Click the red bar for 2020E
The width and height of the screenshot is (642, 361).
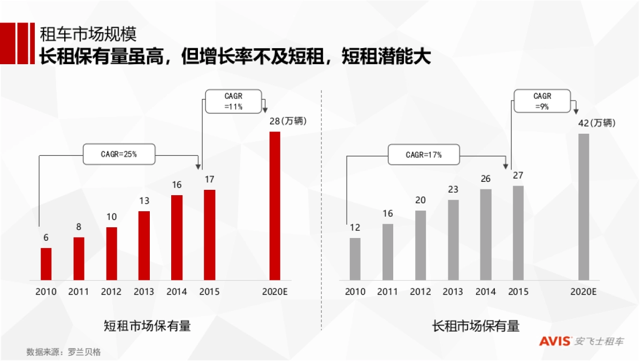pos(274,206)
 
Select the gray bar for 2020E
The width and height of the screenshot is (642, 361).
pos(583,207)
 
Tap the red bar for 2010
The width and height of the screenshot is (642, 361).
pos(47,264)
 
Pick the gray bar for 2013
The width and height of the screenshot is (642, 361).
pos(453,240)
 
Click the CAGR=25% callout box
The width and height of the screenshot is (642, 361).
pos(119,154)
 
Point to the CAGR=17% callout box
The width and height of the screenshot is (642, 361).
pos(424,155)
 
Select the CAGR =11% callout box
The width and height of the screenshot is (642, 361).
pos(234,102)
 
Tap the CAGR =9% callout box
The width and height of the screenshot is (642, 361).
pos(542,102)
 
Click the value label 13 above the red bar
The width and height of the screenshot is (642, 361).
pos(144,201)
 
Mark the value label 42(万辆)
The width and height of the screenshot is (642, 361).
pos(597,123)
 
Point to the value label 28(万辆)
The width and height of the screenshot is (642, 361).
pos(288,121)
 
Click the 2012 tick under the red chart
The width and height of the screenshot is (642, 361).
pos(111,292)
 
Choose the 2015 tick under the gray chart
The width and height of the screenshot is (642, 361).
pos(518,292)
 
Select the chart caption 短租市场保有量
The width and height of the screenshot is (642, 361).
pos(147,326)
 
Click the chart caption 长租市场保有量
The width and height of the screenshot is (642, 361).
pos(476,326)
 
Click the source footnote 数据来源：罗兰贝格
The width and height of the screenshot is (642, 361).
pos(64,352)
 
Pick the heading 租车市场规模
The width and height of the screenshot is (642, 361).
pos(88,34)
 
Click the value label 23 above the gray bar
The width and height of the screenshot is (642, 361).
pos(453,189)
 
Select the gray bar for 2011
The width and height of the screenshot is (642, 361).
pos(388,251)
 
